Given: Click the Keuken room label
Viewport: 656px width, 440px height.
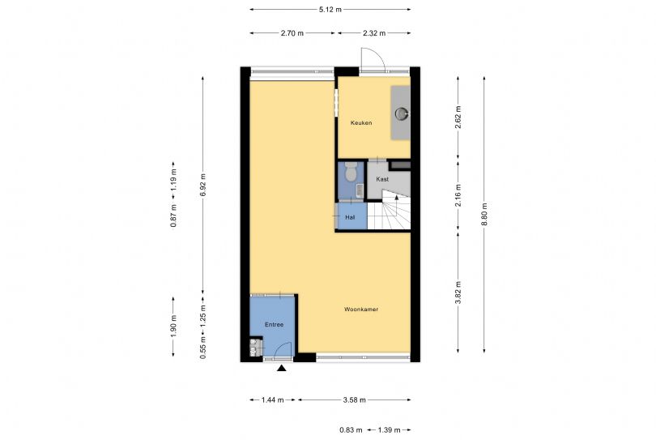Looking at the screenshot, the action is tap(361, 122).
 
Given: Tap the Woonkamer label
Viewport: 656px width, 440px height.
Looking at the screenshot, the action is tap(361, 310).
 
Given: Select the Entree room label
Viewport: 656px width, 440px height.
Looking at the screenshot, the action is tap(274, 324).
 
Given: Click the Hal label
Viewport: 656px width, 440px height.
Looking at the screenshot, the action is tap(350, 217).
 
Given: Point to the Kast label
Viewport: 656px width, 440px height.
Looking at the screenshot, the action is tap(382, 179).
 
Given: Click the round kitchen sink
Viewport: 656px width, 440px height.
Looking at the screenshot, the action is tap(402, 113).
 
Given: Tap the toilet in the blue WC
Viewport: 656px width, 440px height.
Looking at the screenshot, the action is tap(351, 172).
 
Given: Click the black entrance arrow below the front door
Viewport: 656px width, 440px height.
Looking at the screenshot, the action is tap(282, 368).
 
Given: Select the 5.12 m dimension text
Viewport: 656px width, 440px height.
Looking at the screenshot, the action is tap(330, 9).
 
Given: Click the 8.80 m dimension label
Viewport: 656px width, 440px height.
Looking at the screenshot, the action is tap(484, 215).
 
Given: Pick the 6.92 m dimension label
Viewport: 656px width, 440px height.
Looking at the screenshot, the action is tap(203, 185).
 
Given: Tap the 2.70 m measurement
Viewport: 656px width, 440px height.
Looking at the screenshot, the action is tap(292, 33).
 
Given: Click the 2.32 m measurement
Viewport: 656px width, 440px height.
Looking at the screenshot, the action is tap(374, 33).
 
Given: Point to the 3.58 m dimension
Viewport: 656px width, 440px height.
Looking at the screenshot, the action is tap(355, 399).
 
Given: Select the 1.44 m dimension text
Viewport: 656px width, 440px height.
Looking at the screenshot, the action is tap(272, 399).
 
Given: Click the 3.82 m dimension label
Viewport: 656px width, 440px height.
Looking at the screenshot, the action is tap(458, 293).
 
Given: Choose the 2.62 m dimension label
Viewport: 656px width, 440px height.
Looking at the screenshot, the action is tap(458, 117).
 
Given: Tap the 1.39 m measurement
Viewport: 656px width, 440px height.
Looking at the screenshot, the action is tap(389, 429).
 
